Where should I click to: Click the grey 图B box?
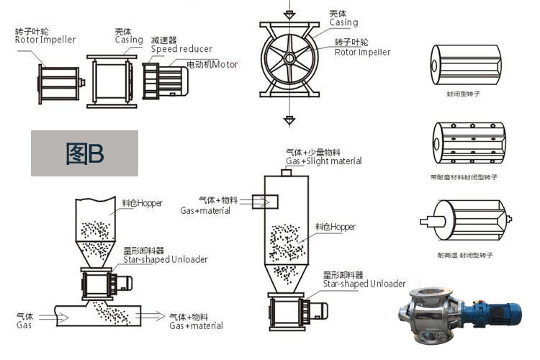point(84,153)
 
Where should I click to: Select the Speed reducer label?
point(181,49)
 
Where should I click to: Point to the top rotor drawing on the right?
point(465,64)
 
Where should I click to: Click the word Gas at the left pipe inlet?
point(24,325)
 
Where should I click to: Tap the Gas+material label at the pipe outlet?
point(196,325)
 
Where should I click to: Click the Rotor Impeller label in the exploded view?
point(45,40)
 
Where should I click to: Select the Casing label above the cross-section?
point(343,22)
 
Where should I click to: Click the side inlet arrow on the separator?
point(261,202)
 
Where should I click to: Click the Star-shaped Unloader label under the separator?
point(364,284)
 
